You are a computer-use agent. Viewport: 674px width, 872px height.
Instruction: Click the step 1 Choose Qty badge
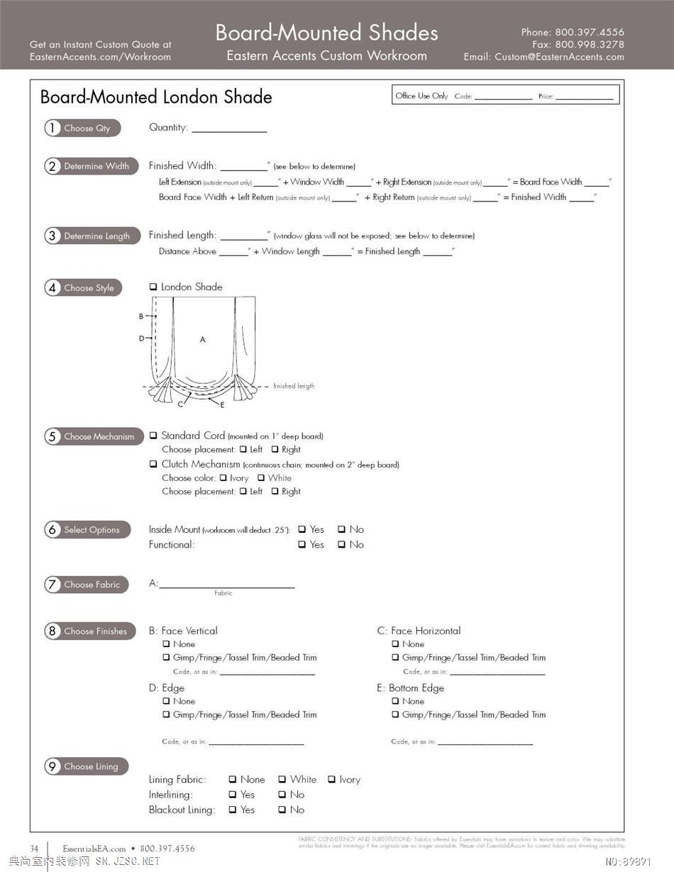click(82, 128)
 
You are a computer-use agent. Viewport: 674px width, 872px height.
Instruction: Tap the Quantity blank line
click(229, 130)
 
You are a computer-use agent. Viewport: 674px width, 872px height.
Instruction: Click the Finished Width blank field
click(243, 167)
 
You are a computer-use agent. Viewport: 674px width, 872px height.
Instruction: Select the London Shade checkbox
click(153, 287)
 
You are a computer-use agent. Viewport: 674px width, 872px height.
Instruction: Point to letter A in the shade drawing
click(202, 340)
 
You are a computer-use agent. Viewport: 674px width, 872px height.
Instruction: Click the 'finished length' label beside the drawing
click(294, 386)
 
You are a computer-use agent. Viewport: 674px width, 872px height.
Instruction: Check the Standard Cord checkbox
click(153, 436)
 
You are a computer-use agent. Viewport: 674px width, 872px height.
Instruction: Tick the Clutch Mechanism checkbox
click(153, 464)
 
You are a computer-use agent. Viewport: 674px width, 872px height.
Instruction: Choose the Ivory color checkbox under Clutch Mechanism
click(223, 478)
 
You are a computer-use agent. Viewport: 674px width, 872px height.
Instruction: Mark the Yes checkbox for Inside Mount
click(302, 529)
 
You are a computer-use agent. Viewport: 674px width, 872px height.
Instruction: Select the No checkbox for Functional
click(342, 545)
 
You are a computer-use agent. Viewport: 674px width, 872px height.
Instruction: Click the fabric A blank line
click(226, 585)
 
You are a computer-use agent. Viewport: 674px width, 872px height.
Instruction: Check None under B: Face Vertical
click(167, 644)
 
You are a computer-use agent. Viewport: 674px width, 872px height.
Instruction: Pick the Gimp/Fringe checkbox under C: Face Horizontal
click(396, 658)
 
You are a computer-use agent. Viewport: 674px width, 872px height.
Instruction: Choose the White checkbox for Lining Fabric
click(282, 780)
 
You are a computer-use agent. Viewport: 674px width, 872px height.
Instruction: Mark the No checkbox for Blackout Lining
click(282, 810)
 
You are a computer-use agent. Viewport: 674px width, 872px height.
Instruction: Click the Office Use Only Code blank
click(503, 97)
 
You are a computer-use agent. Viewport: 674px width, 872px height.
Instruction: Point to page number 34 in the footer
click(35, 849)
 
